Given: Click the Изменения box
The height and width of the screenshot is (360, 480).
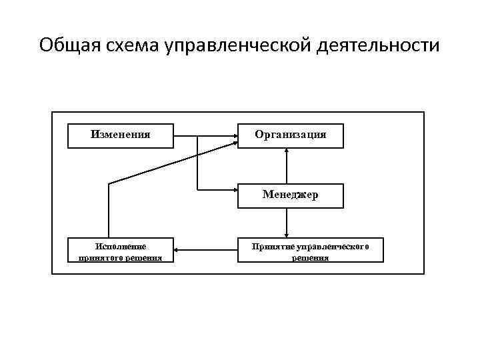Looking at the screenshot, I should pos(121,135).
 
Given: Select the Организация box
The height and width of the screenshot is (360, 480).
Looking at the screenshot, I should pos(291,135).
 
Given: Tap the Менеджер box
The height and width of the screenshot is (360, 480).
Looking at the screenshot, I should pos(291,196).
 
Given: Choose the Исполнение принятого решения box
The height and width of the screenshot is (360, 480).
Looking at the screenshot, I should pos(121,250).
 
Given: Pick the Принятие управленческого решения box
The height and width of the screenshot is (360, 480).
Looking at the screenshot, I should pos(310,250).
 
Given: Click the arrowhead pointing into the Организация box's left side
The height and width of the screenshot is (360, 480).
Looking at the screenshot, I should pos(235,137).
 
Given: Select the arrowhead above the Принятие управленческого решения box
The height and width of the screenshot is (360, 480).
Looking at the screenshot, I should pos(287,234).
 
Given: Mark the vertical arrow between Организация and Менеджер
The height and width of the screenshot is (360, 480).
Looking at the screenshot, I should pos(287,165).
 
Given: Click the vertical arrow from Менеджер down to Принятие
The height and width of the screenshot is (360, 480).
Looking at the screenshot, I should pos(287,223).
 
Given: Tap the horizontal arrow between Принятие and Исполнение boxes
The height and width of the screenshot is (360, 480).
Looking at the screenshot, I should pos(206,251).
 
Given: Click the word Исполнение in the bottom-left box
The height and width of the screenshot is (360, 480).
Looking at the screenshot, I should pos(121,246).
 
